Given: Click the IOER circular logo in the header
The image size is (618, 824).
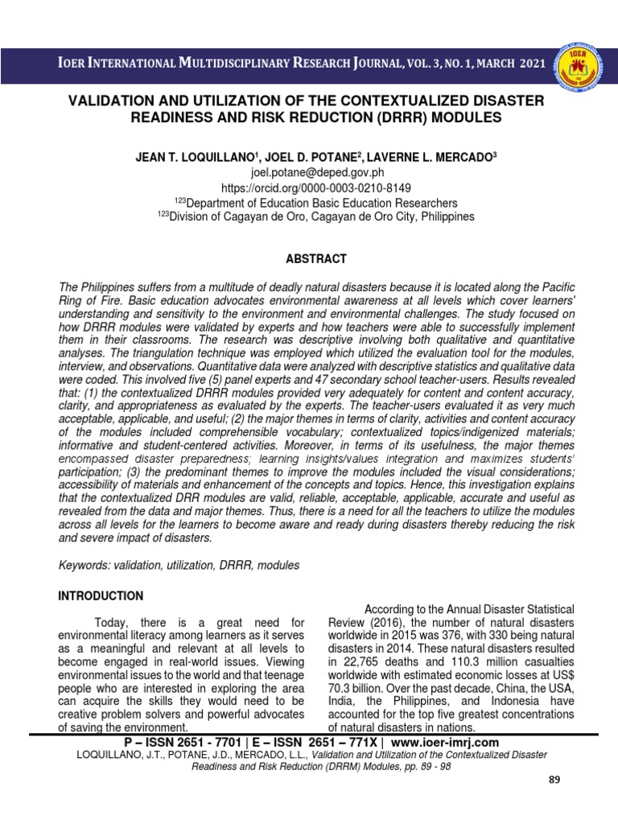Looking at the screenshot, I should point(581,64).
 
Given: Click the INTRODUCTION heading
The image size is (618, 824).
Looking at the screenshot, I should point(100,596).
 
